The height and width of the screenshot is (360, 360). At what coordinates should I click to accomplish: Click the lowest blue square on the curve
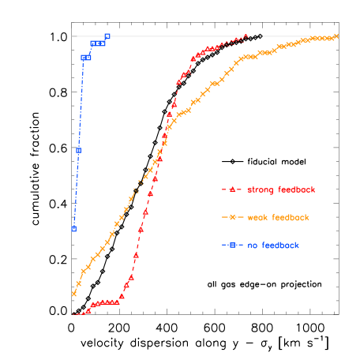point(73,229)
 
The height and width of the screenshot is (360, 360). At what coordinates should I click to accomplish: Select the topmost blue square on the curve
point(107,36)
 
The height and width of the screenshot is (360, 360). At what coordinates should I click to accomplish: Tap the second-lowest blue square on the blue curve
point(78,150)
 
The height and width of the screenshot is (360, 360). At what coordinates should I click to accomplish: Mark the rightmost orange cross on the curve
point(336,36)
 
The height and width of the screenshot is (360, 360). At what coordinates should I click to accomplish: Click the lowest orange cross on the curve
point(74,294)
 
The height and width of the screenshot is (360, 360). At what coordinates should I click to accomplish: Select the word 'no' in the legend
point(252,246)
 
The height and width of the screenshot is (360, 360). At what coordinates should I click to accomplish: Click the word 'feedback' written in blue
point(279,246)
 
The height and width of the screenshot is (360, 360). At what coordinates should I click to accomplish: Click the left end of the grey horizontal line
point(72,36)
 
